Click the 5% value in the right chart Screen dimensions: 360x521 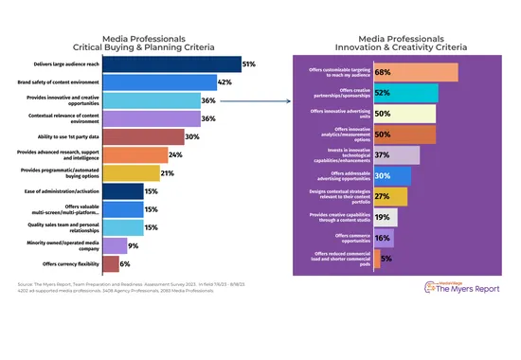tap(386, 257)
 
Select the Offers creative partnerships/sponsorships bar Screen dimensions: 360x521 tap(405, 93)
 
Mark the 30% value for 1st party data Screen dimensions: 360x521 tap(192, 136)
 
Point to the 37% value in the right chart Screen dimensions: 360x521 tap(383, 154)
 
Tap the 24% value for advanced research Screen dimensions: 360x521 tap(174, 154)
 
